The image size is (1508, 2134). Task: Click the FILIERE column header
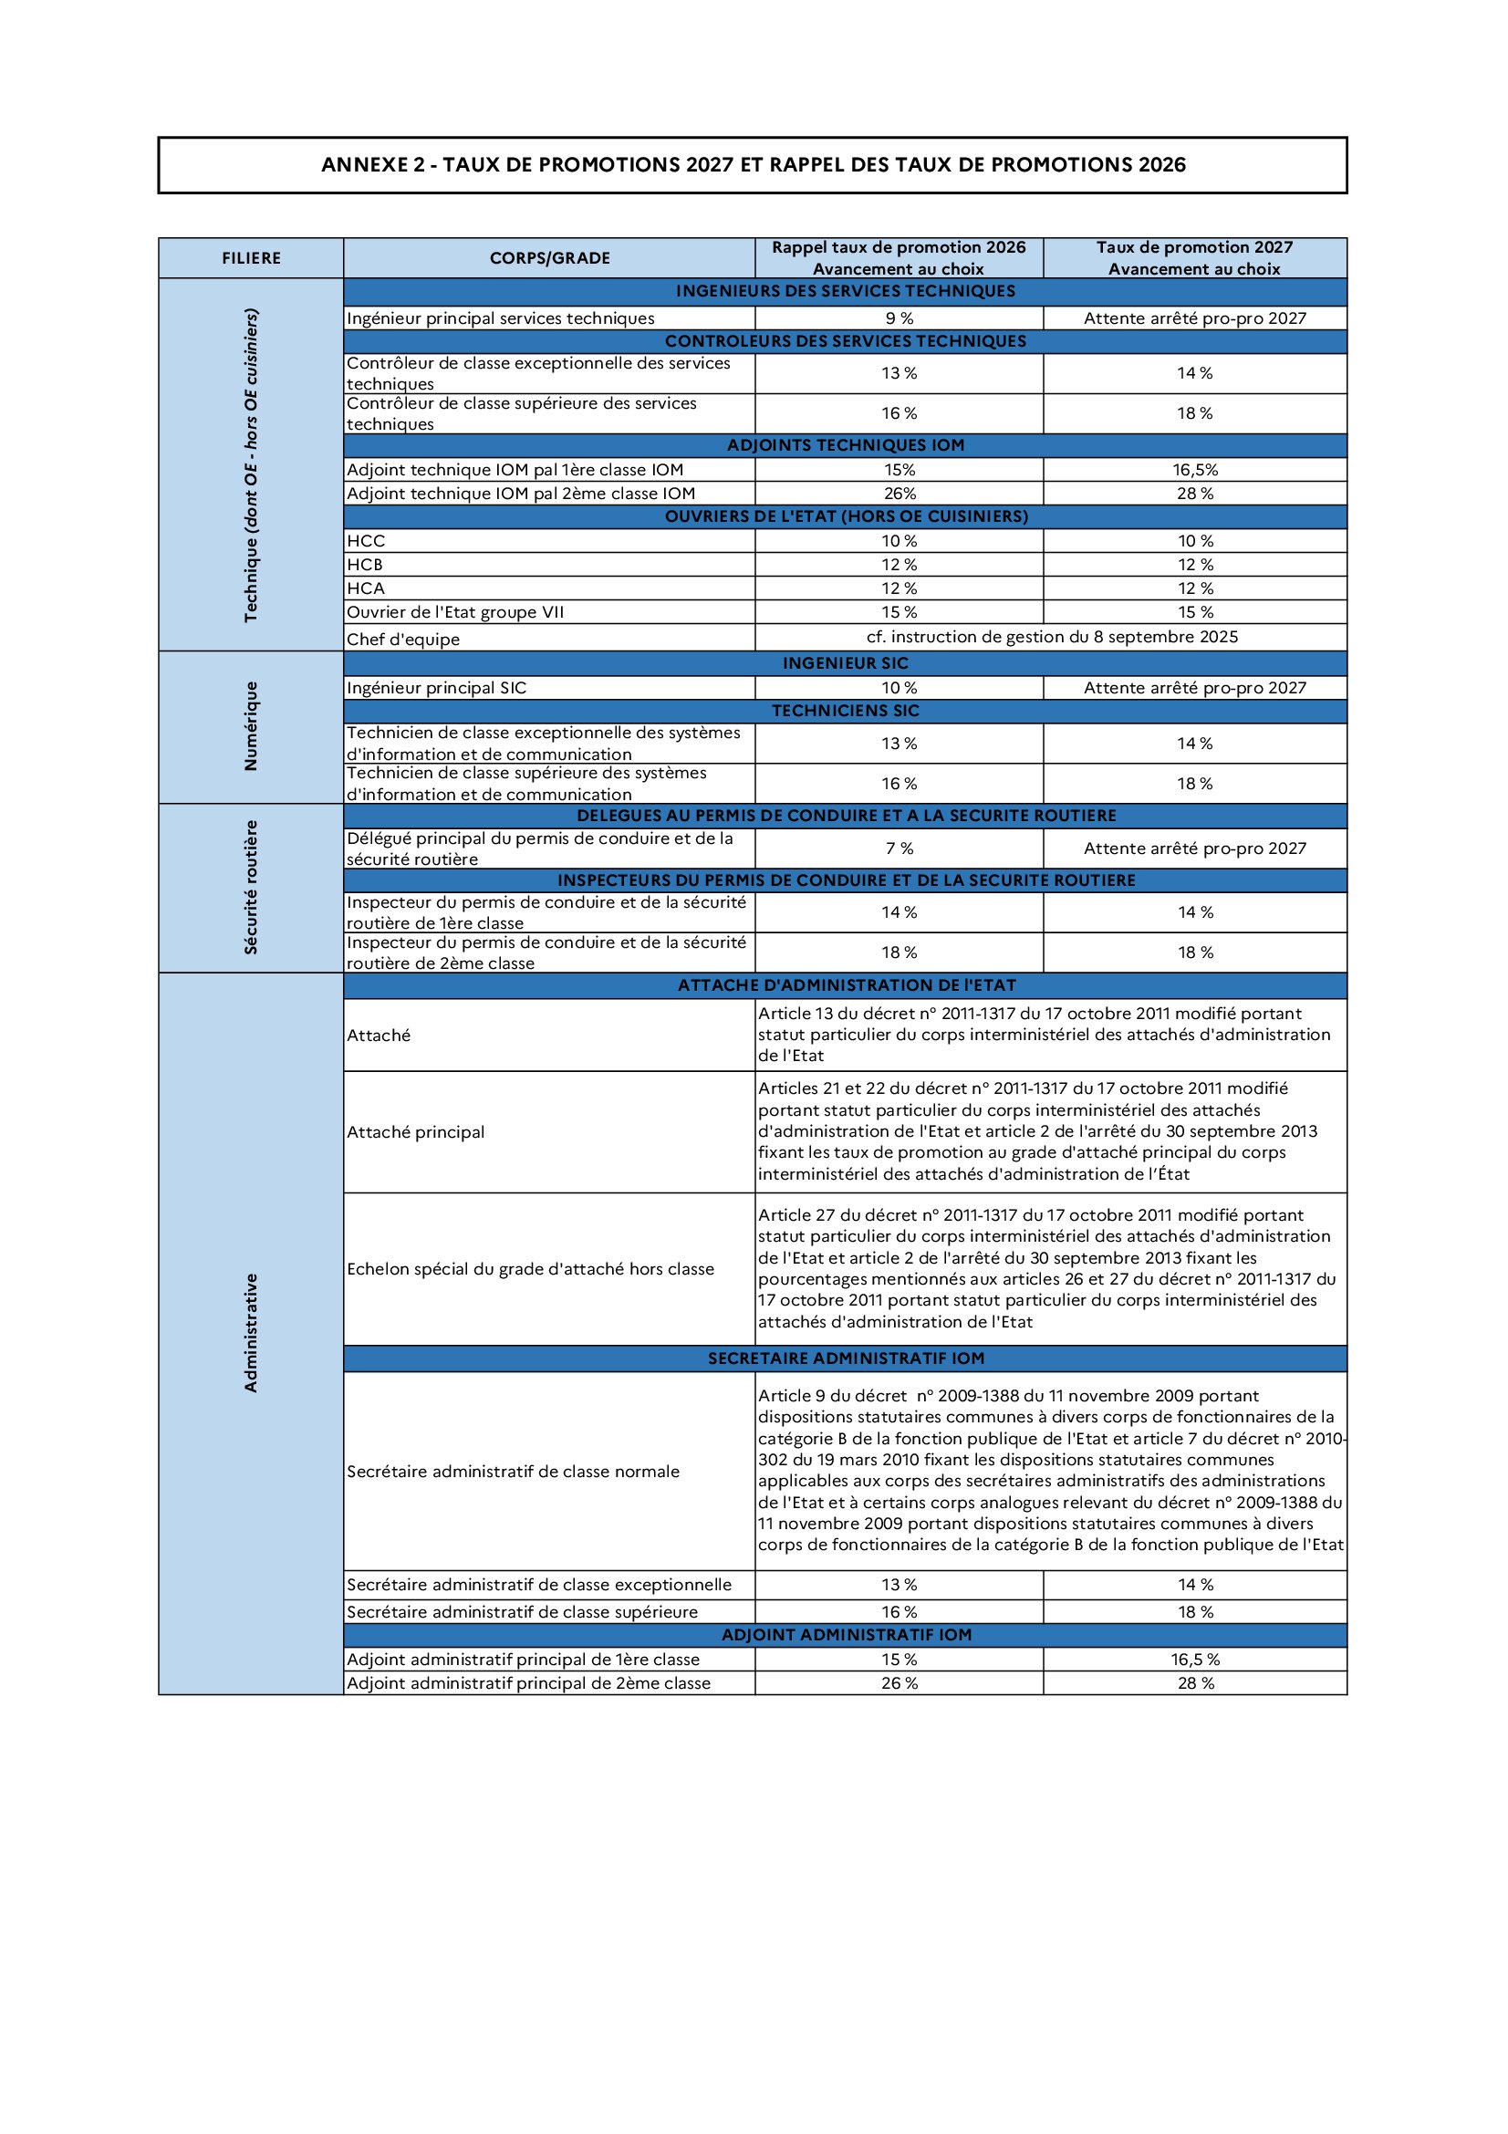(251, 258)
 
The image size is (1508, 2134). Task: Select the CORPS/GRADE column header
(549, 258)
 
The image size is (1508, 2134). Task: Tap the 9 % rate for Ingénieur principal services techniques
(899, 317)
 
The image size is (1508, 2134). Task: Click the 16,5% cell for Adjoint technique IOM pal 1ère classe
(1195, 470)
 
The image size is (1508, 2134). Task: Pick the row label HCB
(364, 565)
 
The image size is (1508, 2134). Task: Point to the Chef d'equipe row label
(403, 640)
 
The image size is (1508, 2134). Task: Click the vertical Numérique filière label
(251, 726)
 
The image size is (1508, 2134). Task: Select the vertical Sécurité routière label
(251, 888)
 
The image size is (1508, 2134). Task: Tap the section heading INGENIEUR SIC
(845, 663)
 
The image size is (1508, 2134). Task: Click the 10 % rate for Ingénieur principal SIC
(899, 688)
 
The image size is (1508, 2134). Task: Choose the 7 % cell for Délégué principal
(899, 848)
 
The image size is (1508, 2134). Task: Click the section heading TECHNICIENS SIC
(845, 711)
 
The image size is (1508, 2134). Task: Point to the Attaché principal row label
(415, 1132)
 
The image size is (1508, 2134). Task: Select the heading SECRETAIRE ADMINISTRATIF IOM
(845, 1358)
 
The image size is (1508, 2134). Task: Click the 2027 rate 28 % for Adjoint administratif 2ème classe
(1195, 1683)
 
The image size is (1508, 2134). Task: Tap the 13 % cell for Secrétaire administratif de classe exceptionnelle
(899, 1585)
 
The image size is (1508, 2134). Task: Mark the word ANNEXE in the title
(364, 165)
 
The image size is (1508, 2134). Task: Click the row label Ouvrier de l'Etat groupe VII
(455, 612)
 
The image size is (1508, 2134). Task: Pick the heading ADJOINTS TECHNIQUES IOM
(845, 445)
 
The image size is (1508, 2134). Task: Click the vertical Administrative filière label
(251, 1333)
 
